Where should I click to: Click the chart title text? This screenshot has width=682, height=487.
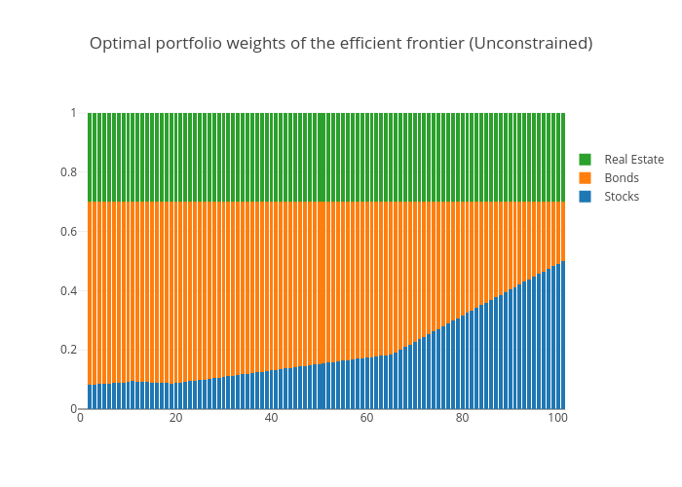click(x=341, y=44)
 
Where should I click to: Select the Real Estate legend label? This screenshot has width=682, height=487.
click(x=633, y=160)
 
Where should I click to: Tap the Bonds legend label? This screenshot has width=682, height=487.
click(x=622, y=178)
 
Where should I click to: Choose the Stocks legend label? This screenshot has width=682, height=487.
click(x=622, y=197)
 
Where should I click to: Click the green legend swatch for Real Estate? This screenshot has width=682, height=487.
click(x=586, y=160)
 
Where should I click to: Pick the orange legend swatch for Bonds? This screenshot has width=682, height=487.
click(x=586, y=178)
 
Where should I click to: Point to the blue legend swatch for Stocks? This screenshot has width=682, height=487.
click(x=586, y=197)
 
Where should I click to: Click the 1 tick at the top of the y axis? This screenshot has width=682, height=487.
click(x=72, y=113)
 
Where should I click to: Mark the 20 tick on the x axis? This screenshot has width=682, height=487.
click(x=175, y=418)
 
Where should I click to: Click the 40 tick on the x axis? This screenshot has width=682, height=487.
click(x=271, y=418)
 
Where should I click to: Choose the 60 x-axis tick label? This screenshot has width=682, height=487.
click(x=366, y=418)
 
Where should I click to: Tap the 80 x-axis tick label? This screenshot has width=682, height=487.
click(x=462, y=418)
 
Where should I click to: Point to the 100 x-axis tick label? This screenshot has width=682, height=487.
click(x=557, y=418)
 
